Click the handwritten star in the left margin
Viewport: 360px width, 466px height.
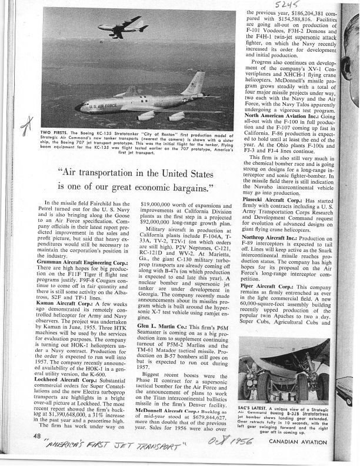(x=25, y=126)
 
